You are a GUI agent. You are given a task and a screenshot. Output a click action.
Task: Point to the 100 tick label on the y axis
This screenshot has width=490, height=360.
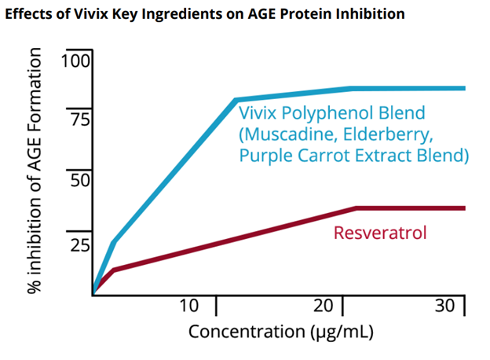click(x=76, y=61)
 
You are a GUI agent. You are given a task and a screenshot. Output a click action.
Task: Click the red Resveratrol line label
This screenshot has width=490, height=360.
click(x=380, y=233)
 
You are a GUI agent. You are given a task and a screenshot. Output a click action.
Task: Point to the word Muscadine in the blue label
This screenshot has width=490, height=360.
click(x=288, y=134)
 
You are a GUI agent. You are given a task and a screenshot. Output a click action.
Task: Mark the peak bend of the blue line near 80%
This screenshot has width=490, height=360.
click(x=236, y=100)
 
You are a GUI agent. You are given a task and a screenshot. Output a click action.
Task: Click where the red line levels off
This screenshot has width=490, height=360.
click(x=356, y=208)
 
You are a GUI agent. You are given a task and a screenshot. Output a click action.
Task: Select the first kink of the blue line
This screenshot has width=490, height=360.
click(x=114, y=241)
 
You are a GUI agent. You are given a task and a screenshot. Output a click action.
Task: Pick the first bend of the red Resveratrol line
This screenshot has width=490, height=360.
click(x=114, y=270)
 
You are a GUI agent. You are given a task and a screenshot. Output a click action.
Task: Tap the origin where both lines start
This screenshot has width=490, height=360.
click(x=93, y=294)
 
